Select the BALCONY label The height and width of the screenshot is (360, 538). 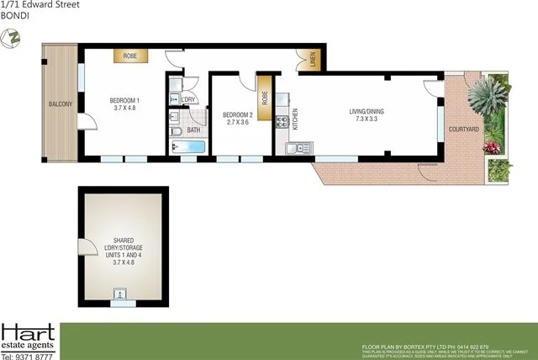coord(59,104)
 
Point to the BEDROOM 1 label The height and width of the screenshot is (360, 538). coord(124,101)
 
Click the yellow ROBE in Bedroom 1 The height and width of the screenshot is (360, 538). coord(130,56)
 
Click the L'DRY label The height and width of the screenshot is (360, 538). coord(187,100)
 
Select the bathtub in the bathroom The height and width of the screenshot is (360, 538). coord(188,148)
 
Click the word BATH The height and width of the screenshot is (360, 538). coord(193,130)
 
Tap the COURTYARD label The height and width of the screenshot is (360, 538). coord(464,129)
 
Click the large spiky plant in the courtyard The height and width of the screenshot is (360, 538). coord(486,102)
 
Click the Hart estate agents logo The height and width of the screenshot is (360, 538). coord(29,339)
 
